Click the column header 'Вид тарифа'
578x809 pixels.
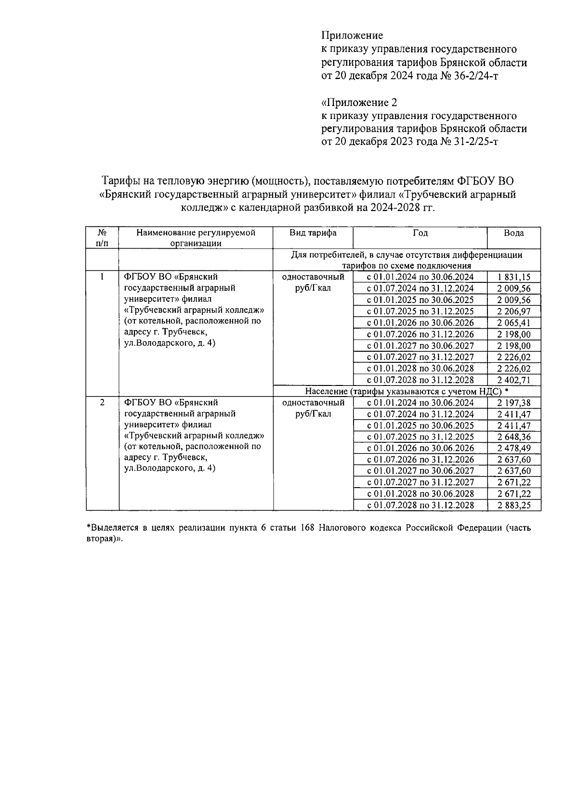(313, 233)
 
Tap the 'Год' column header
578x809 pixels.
(420, 233)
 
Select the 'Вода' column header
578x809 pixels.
(513, 233)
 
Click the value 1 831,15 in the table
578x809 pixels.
(513, 277)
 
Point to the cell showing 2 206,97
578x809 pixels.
(513, 312)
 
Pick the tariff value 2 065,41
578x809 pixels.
(513, 323)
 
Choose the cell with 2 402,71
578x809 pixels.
(513, 380)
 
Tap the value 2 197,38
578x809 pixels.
(513, 403)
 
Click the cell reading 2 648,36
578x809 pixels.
(513, 437)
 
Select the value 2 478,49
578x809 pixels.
(513, 449)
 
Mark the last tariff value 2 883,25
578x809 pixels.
(513, 505)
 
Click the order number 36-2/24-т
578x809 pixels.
(475, 76)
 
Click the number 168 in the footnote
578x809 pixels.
(307, 528)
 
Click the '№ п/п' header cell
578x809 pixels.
(102, 238)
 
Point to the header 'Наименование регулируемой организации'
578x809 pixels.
(196, 238)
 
